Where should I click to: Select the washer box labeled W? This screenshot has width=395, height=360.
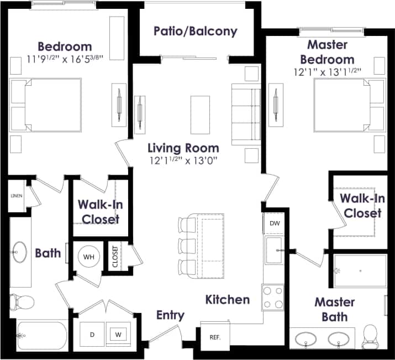[118, 334]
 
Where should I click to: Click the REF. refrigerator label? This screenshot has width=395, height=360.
[214, 336]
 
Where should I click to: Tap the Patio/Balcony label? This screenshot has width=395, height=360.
[196, 31]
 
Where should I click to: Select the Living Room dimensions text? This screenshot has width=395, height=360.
[183, 161]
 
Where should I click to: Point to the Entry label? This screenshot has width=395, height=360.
[170, 315]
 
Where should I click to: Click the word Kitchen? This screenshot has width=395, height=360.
[228, 300]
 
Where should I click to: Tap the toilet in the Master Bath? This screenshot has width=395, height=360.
[370, 333]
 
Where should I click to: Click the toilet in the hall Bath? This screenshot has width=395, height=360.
[22, 302]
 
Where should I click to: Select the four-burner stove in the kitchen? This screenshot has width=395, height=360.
[272, 297]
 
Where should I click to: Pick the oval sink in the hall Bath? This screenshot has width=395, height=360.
[21, 252]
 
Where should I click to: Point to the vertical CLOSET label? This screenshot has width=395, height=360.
[115, 257]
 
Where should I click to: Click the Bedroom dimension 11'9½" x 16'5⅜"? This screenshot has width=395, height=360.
[65, 59]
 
